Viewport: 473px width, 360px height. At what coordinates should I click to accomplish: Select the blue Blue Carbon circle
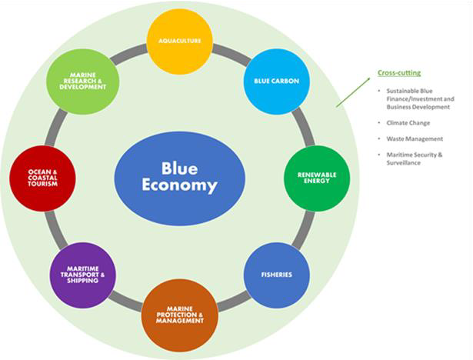[271, 80]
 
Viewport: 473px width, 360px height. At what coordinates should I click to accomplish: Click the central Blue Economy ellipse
[179, 176]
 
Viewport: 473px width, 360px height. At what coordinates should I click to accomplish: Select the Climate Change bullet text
[408, 123]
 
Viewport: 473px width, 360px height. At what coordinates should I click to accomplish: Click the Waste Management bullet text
[414, 139]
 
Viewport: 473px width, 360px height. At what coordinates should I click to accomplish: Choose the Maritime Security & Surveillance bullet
[416, 158]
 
